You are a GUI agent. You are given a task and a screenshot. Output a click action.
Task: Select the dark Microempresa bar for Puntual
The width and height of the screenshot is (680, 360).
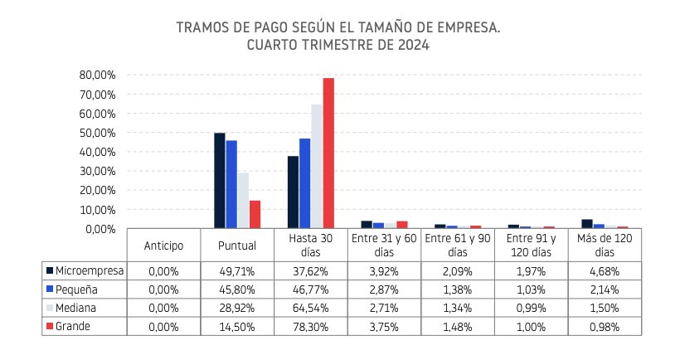(x=220, y=181)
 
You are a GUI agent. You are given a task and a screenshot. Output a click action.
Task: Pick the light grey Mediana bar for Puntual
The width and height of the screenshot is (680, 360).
(x=243, y=201)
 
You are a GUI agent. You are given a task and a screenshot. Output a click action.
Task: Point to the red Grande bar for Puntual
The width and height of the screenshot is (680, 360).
(x=255, y=214)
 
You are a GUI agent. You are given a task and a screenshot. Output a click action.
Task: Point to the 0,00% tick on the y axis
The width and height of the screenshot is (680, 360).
(x=102, y=229)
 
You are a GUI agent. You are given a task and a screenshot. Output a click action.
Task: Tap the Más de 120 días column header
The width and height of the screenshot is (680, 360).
(x=605, y=246)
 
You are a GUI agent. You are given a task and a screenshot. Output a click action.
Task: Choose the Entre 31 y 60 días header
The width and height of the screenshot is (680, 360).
(x=383, y=246)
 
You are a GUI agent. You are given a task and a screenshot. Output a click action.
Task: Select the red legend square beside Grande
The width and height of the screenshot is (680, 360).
(x=49, y=327)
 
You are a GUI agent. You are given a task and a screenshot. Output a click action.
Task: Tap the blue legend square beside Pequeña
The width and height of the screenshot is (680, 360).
(x=49, y=289)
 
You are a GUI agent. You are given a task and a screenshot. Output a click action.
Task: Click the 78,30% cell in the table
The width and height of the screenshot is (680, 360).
(x=310, y=327)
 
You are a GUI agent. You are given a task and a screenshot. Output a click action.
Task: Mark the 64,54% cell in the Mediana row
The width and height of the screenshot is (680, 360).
(x=310, y=308)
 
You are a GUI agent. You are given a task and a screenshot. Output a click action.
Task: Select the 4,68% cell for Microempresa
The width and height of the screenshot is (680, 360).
(x=605, y=270)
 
